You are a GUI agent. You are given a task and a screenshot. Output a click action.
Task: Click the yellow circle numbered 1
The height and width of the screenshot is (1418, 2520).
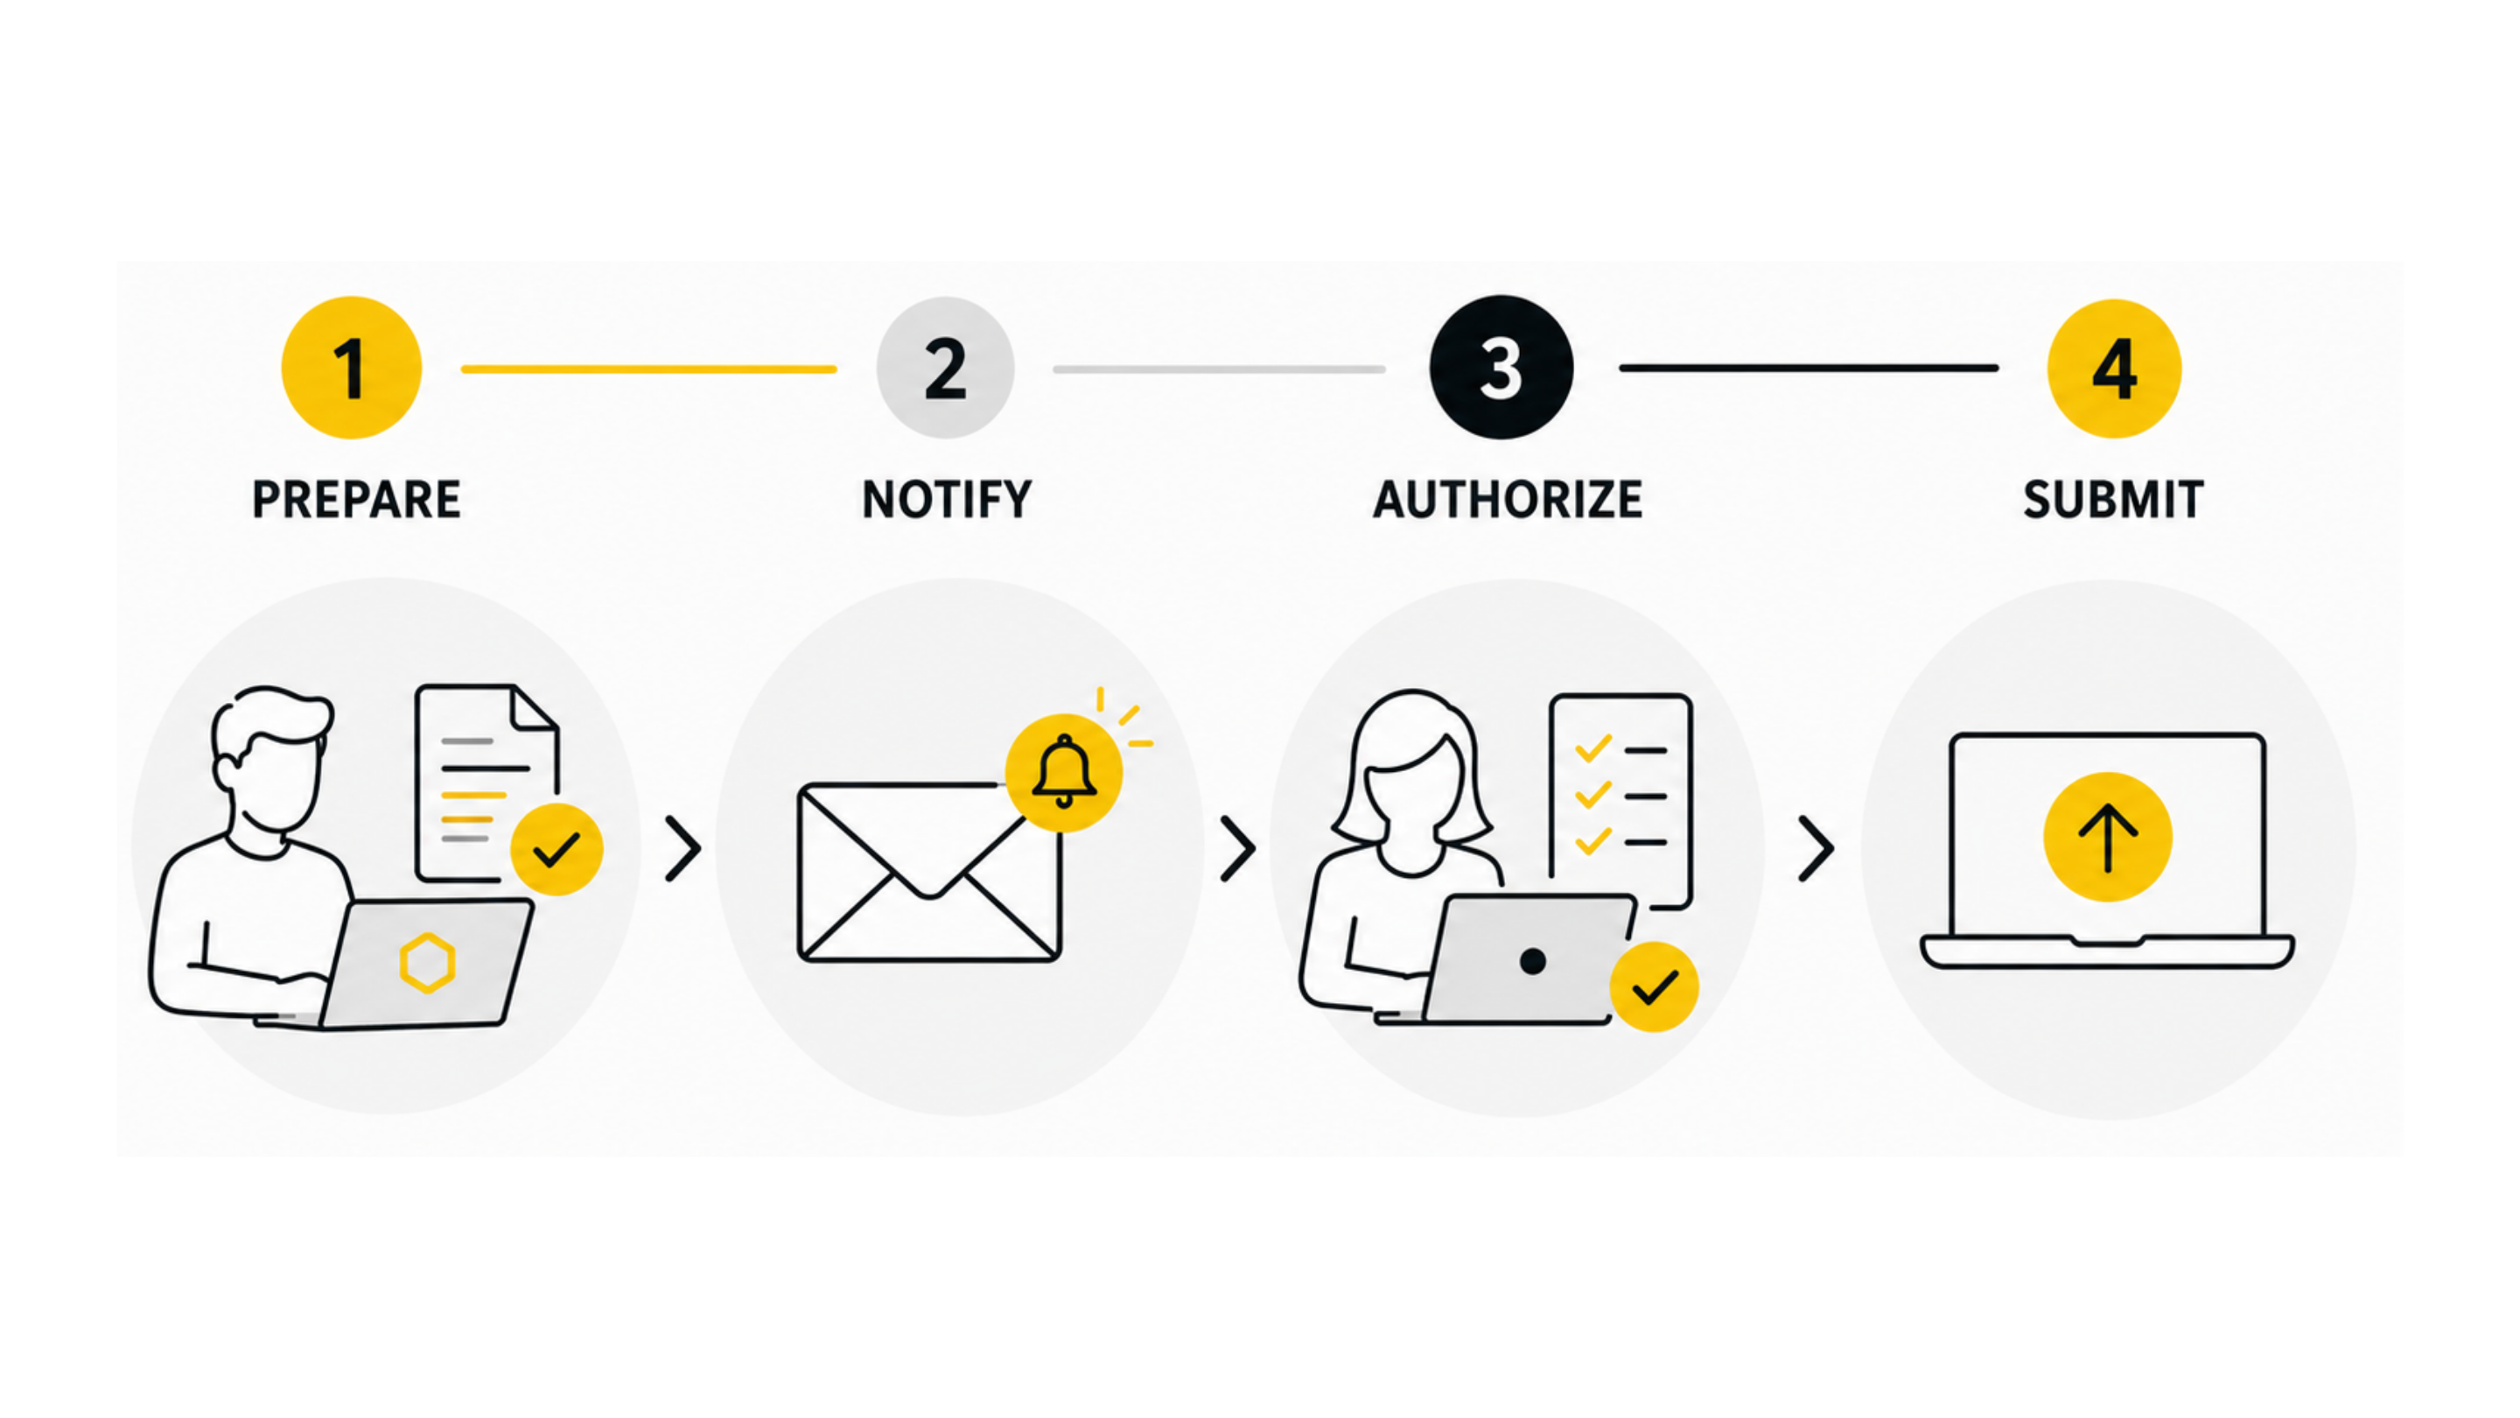pos(351,368)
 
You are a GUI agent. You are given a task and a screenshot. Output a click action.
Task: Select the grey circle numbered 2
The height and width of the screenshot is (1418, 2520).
pos(945,368)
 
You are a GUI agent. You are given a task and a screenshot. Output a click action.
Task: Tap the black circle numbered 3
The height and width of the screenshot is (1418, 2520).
pos(1501,367)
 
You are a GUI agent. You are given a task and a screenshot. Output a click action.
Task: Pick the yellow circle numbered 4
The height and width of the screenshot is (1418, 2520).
pos(2114,368)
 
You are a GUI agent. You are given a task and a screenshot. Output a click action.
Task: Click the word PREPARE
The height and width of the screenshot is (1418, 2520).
pos(356,499)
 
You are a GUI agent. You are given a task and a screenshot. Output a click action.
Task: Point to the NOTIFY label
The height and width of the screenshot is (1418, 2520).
pos(946,499)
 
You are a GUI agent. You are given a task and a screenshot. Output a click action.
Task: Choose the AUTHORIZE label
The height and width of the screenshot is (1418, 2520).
pos(1508,499)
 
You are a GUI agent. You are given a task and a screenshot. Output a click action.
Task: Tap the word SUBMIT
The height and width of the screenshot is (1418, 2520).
pos(2113,499)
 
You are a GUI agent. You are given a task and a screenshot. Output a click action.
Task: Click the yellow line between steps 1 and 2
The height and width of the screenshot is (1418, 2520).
pos(648,369)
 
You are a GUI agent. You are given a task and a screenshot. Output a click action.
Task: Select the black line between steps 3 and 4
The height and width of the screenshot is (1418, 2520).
pos(1809,368)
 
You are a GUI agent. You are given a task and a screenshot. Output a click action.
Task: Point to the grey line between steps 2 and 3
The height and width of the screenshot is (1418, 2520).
pos(1219,369)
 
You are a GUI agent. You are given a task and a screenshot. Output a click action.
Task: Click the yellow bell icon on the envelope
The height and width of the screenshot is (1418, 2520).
pos(1064,773)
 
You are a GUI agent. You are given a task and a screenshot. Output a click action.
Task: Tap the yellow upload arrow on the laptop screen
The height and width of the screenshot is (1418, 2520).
pos(2107,837)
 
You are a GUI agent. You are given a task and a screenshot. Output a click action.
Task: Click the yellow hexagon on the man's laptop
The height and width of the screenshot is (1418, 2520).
pos(428,963)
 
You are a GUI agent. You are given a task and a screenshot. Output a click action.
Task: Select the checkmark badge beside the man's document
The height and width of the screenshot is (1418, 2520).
pos(556,848)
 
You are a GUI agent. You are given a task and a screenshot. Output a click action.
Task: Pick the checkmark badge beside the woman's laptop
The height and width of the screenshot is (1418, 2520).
pos(1655,986)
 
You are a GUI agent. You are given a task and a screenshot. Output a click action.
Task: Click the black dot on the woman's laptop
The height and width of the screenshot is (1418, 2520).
pos(1533,961)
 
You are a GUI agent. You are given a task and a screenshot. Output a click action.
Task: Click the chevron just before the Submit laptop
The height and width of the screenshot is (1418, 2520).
pos(1816,849)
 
